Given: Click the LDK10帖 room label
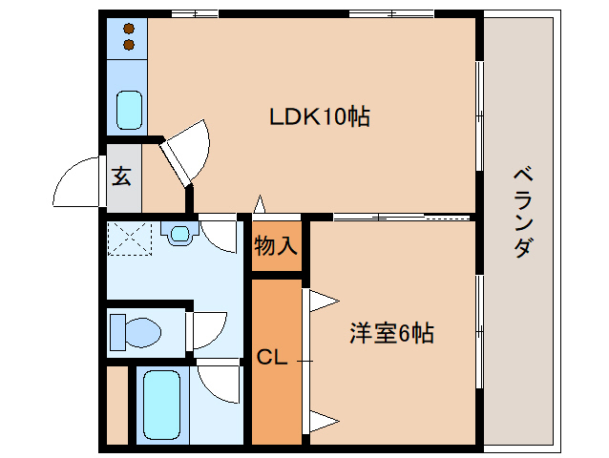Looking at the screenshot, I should point(320,117).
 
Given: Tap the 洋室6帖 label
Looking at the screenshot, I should point(391,333).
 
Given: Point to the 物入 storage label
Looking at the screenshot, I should point(276,245).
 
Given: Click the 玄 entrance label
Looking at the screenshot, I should point(123,177).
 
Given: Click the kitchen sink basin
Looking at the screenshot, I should point(128,109).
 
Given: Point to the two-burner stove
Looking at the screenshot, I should point(127,37).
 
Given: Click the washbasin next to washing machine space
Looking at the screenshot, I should point(178,232).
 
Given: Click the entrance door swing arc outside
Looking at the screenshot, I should point(76,184).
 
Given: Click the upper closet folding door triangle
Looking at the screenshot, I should point(322,302).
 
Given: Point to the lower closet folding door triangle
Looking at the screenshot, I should point(322,419).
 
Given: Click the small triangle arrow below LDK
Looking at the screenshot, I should point(259,204).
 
